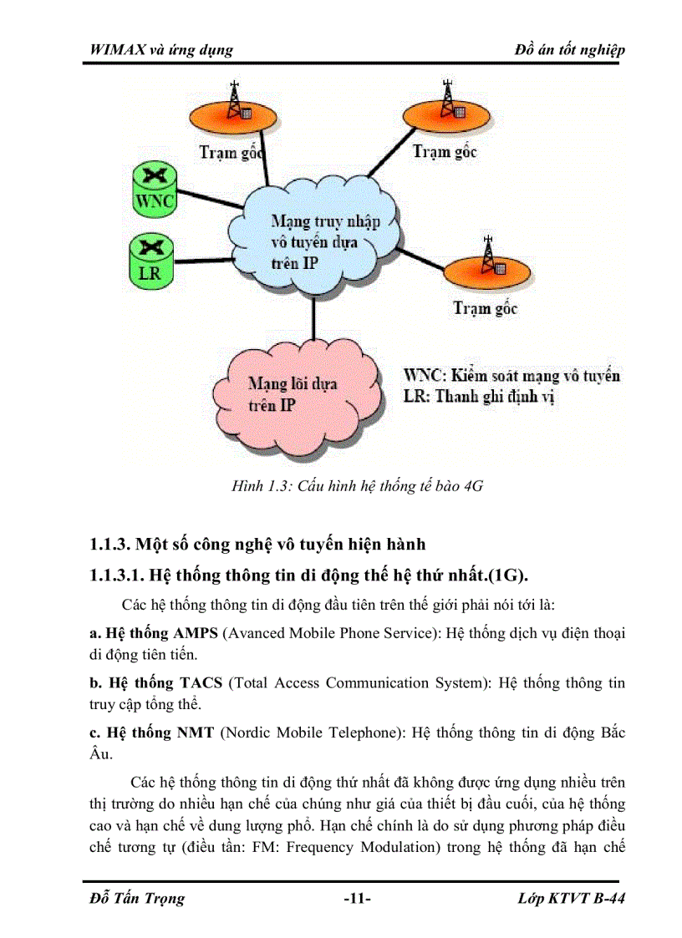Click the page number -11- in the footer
(x=357, y=899)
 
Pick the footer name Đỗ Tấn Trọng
(x=136, y=899)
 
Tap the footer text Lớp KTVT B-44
(x=572, y=899)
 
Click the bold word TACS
(x=201, y=682)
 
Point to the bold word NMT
(x=196, y=733)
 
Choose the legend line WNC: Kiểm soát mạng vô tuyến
(x=511, y=375)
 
